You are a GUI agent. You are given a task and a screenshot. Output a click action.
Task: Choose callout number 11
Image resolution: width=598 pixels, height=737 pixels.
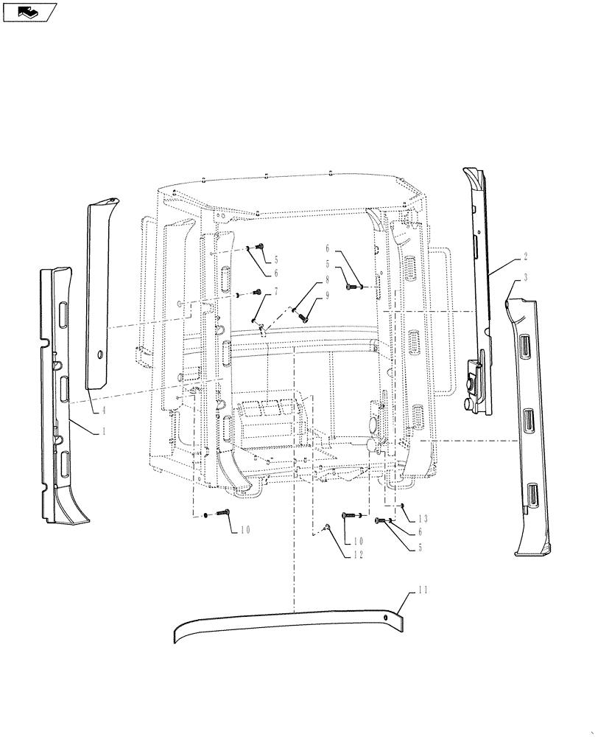click(422, 590)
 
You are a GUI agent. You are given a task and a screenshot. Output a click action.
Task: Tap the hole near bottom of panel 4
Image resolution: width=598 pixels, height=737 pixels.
click(98, 356)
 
